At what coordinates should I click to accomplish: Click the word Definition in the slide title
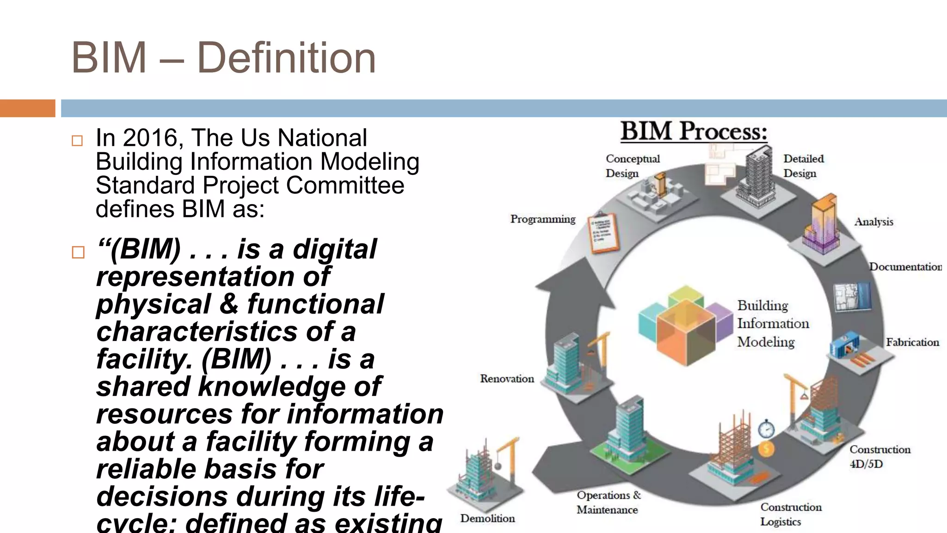point(286,58)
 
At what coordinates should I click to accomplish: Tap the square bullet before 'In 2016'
point(77,141)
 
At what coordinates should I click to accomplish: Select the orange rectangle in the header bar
point(27,108)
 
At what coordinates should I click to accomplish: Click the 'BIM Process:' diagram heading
point(694,131)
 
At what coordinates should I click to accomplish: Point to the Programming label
point(543,219)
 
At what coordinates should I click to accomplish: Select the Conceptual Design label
point(632,166)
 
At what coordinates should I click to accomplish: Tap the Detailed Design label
point(803,166)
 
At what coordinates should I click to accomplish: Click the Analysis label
point(873,222)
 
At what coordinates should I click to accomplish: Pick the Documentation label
point(905,267)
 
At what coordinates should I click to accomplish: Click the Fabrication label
point(912,342)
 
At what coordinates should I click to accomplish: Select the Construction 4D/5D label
point(879,456)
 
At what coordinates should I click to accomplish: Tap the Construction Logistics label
point(791,514)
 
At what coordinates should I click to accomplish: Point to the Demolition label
point(487,519)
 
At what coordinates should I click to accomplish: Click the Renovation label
point(507,379)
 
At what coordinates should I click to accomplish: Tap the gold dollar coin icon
point(766,449)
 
